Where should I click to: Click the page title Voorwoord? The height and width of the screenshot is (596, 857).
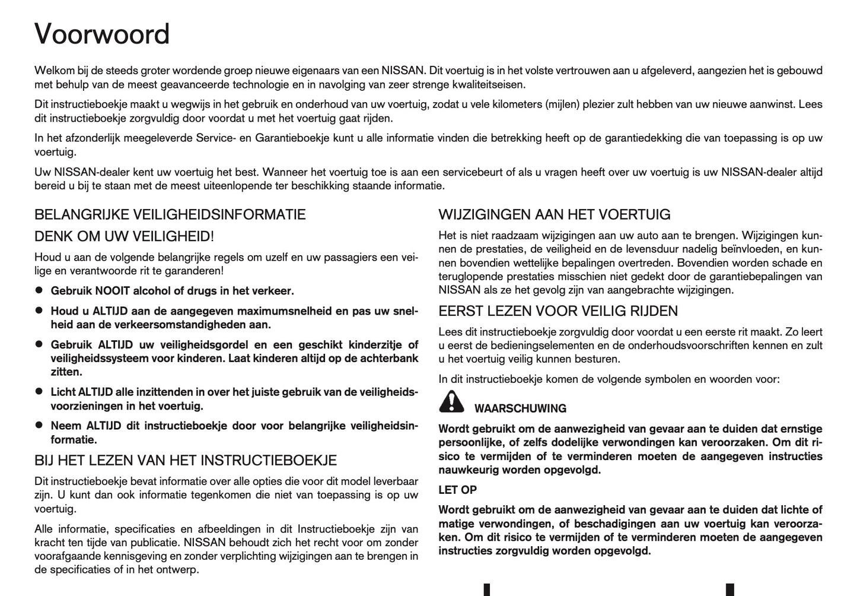click(102, 34)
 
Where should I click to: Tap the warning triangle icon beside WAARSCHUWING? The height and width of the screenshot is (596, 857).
click(452, 402)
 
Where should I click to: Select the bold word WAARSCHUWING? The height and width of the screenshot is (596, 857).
click(520, 408)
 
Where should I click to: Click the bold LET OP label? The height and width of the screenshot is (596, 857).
click(457, 490)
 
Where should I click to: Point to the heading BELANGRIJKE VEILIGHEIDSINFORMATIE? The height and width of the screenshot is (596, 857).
click(170, 214)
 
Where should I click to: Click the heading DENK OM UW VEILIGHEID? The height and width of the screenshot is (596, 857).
click(124, 236)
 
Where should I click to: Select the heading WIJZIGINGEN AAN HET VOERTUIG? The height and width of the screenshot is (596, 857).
click(555, 214)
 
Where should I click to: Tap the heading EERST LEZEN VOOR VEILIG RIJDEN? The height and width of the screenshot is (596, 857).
click(558, 311)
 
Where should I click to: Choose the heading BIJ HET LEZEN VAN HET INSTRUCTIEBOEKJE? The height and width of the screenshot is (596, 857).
click(186, 461)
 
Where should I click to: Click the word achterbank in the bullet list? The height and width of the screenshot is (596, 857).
click(394, 359)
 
